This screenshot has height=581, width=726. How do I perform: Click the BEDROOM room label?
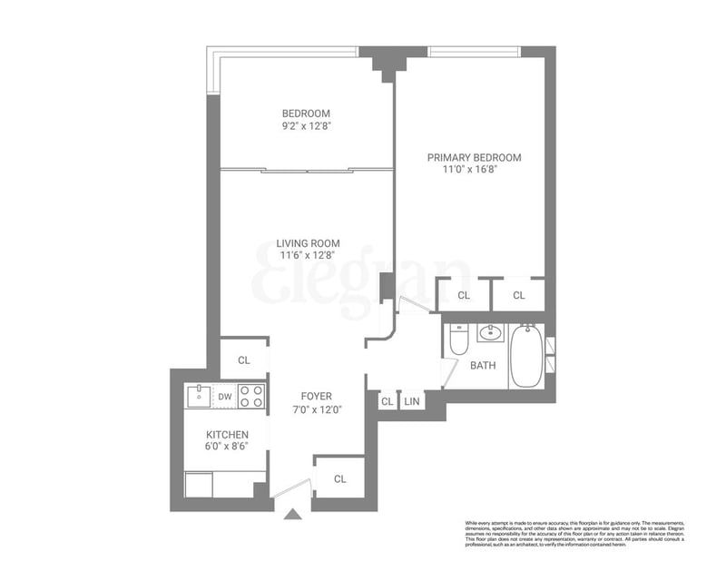306,113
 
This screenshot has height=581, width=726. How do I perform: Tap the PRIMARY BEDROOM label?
474,157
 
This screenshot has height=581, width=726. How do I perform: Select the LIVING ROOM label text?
308,242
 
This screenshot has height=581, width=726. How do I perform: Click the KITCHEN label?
226,435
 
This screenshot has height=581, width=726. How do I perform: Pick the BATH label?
482,367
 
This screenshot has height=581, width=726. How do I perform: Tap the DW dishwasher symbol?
225,396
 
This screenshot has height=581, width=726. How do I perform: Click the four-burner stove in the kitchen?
251,396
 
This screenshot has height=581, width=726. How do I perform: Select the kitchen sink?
198,396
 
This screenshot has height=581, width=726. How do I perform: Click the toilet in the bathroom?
458,340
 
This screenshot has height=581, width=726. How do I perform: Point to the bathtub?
526,355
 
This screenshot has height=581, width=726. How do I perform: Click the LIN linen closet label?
412,400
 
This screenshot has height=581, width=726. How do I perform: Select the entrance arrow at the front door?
292,515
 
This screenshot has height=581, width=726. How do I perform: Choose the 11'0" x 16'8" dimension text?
474,170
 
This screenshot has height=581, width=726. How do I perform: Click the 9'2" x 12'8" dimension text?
306,126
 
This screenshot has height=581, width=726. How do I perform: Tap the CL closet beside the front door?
339,478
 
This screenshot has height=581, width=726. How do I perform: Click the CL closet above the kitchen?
243,359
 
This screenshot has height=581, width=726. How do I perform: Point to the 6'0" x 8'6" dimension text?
226,448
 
